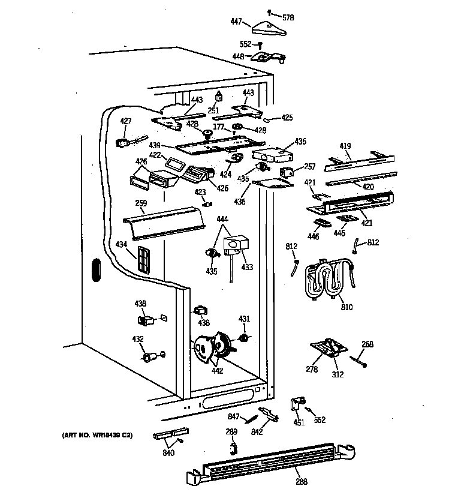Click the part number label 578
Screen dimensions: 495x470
(x=288, y=18)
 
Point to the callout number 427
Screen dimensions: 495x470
(x=125, y=121)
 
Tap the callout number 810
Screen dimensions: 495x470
(x=347, y=307)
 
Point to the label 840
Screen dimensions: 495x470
(x=168, y=453)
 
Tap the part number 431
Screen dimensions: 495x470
(x=245, y=319)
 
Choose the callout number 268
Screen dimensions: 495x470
(x=367, y=344)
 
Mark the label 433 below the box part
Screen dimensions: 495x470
(x=247, y=267)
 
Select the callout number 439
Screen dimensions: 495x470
(x=155, y=146)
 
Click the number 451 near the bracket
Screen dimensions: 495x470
(x=299, y=422)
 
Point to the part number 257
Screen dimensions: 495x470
(x=309, y=166)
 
